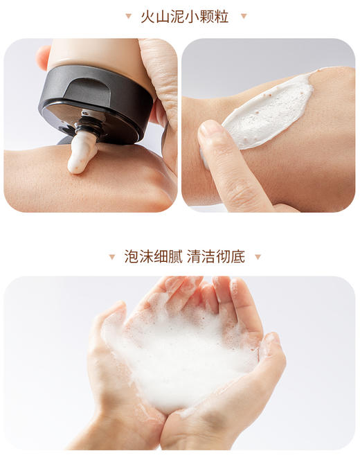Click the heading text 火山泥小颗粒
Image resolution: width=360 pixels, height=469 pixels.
pos(185,15)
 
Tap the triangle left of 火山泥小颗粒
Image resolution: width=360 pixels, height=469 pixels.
pos(128,16)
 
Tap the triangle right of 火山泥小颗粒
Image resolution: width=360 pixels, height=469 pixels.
pos(243,16)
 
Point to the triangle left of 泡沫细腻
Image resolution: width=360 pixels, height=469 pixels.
pos(112,257)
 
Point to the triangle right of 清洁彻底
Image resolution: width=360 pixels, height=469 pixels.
pos(258,257)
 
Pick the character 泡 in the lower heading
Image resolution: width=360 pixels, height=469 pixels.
pos(132,257)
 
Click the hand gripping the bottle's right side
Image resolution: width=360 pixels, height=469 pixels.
pos(161,76)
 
